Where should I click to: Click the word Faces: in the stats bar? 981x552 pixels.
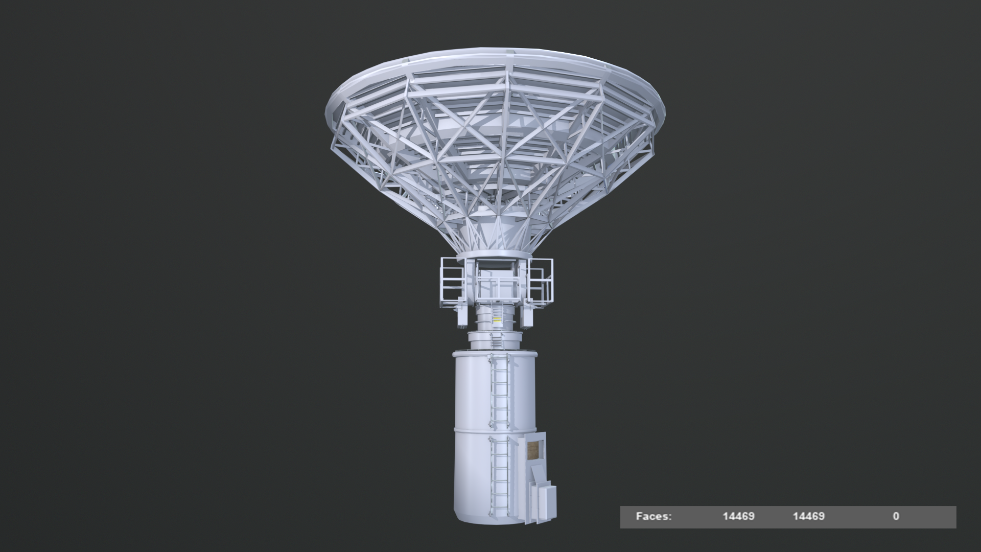(x=653, y=516)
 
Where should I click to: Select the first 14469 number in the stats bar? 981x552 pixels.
(x=738, y=516)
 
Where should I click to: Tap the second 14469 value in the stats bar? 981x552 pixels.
(x=808, y=516)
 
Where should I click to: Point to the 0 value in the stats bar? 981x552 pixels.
(x=896, y=516)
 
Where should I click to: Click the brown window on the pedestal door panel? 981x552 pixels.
(x=534, y=451)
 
